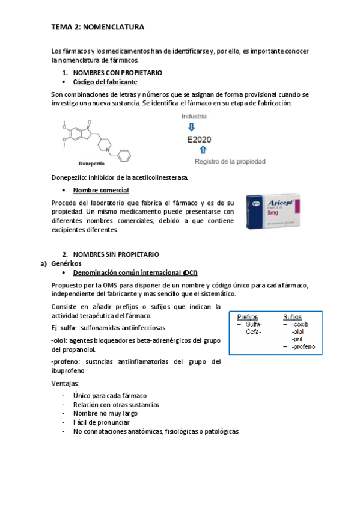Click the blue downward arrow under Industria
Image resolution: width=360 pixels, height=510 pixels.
(191, 127)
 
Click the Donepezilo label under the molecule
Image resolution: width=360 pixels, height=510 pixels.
(92, 163)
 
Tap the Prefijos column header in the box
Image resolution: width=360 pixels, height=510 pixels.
(248, 317)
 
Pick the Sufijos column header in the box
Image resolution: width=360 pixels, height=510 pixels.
(293, 317)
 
